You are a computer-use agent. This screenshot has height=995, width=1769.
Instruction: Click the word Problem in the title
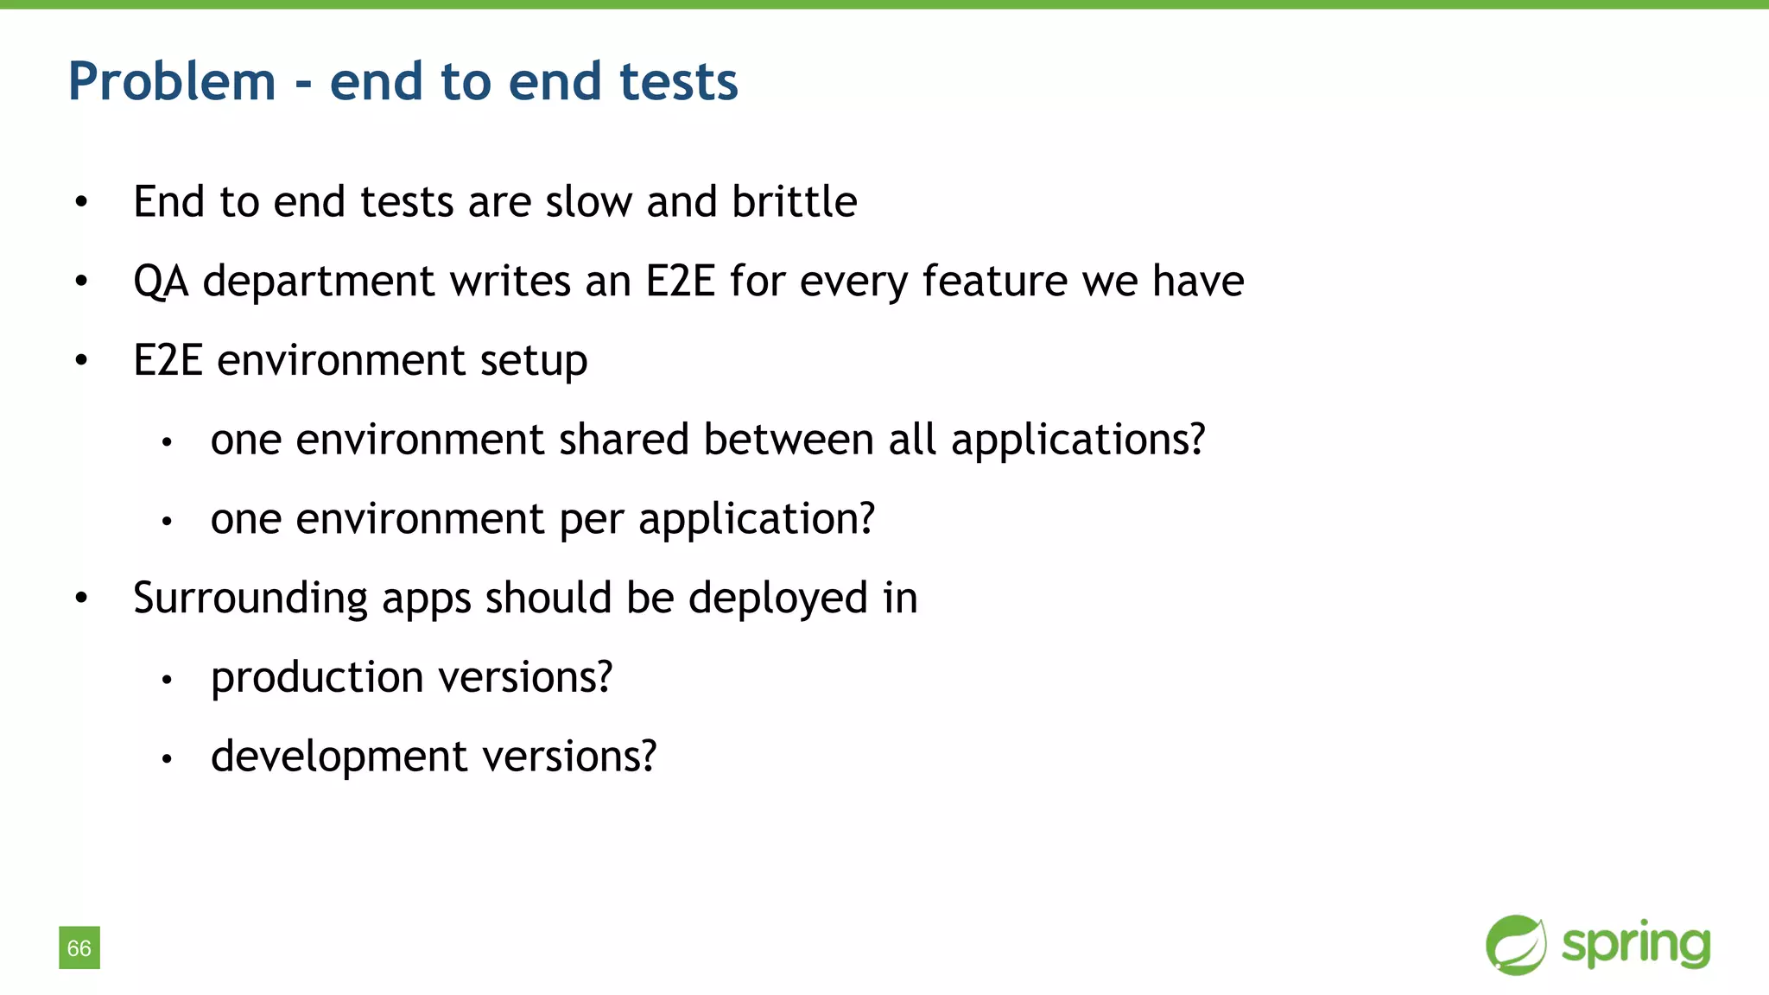pyautogui.click(x=172, y=82)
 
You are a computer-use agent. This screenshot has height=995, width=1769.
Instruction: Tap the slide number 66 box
pyautogui.click(x=79, y=947)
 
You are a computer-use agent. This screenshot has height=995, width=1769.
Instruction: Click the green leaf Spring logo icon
pyautogui.click(x=1516, y=945)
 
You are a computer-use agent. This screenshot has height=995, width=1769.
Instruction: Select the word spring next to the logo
pyautogui.click(x=1636, y=946)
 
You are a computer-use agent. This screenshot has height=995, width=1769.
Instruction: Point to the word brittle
pyautogui.click(x=794, y=202)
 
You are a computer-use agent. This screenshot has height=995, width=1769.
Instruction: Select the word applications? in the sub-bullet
pyautogui.click(x=1077, y=440)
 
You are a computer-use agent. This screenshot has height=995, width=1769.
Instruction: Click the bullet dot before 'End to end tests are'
pyautogui.click(x=81, y=203)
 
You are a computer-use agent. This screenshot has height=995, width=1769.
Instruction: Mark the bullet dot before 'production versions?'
pyautogui.click(x=168, y=680)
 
